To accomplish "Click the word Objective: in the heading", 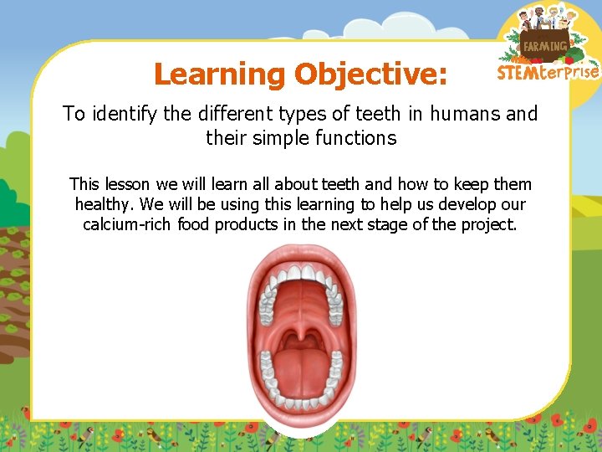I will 370,74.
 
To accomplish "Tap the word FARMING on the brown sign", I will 545,47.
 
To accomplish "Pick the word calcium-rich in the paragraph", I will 128,225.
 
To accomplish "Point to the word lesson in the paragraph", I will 128,184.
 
